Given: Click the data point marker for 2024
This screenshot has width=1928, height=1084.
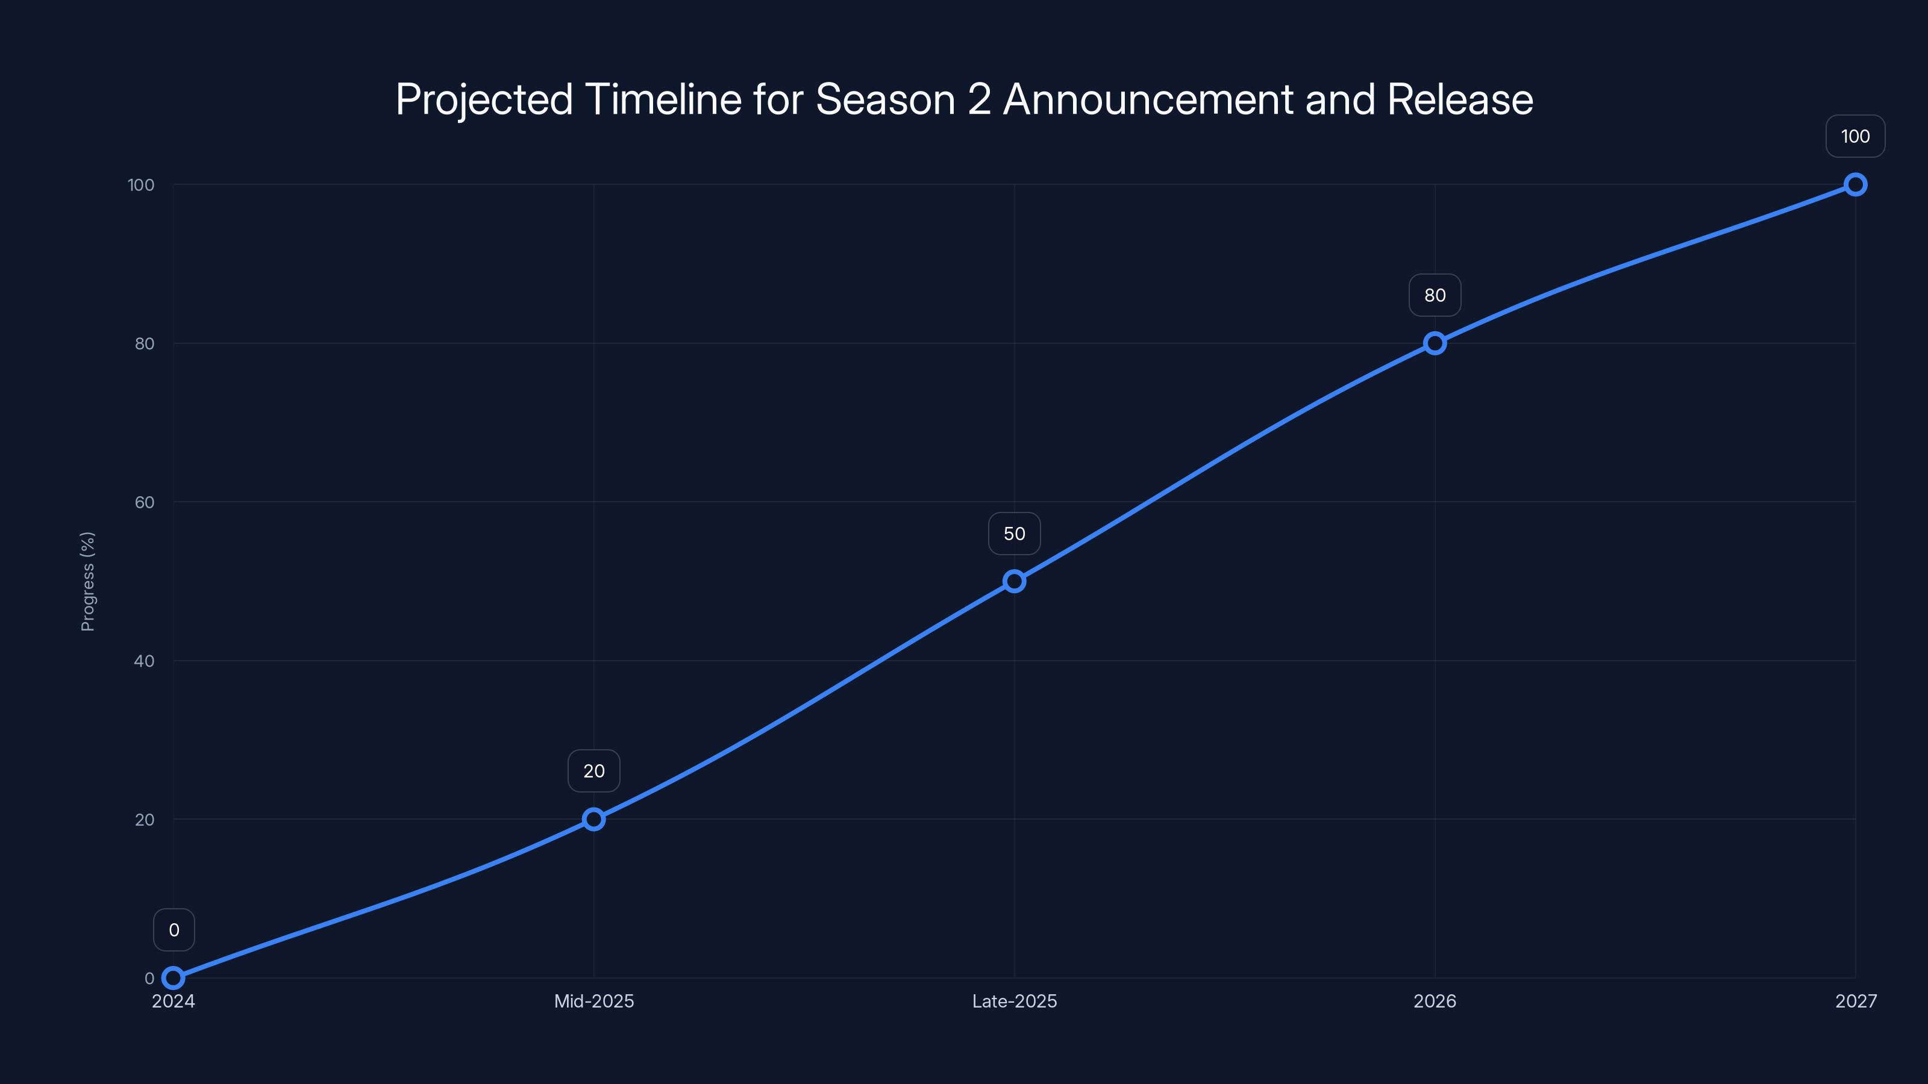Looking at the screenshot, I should pyautogui.click(x=173, y=978).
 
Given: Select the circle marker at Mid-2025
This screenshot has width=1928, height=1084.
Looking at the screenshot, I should pyautogui.click(x=593, y=819).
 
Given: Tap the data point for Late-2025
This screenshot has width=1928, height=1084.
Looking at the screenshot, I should pyautogui.click(x=1014, y=581).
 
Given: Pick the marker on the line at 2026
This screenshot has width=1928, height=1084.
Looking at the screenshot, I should pyautogui.click(x=1435, y=343).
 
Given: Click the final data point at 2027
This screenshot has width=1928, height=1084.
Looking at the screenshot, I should pyautogui.click(x=1856, y=185).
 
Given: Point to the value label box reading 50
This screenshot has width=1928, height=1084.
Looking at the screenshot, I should pyautogui.click(x=1014, y=534).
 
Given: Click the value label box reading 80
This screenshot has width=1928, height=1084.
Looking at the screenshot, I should pyautogui.click(x=1435, y=296).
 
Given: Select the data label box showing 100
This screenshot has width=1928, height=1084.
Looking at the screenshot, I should pyautogui.click(x=1856, y=136).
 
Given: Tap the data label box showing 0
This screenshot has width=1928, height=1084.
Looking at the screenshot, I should pyautogui.click(x=174, y=930).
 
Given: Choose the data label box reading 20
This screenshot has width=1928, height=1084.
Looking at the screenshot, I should pyautogui.click(x=593, y=771).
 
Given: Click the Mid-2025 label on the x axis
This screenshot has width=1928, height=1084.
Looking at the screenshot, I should pyautogui.click(x=593, y=1001).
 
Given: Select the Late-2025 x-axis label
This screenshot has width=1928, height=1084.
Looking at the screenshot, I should pyautogui.click(x=1014, y=1001).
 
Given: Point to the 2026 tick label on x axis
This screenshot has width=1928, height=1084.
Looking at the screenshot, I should pyautogui.click(x=1435, y=1001).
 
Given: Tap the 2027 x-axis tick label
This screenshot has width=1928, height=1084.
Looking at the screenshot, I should pyautogui.click(x=1856, y=1001).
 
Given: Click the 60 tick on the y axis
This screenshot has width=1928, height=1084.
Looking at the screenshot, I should pyautogui.click(x=145, y=502).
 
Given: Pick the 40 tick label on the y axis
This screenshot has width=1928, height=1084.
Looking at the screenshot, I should pyautogui.click(x=145, y=661).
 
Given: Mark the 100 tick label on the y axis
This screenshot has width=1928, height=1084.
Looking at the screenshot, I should pyautogui.click(x=141, y=185).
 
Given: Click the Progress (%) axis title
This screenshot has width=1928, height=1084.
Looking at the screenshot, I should pyautogui.click(x=87, y=581).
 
